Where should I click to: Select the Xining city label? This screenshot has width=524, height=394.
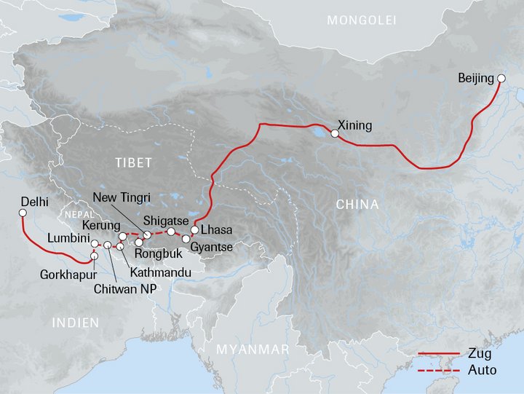pos(356,126)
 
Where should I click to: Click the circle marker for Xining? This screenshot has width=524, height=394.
pos(335,134)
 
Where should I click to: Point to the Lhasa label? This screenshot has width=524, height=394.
pos(218,230)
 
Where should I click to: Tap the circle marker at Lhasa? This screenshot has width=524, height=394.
pos(195,230)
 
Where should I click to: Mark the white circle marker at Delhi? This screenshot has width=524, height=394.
pos(22,213)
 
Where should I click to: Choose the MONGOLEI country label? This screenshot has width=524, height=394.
pos(362,20)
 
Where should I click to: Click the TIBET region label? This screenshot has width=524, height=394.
pos(132,163)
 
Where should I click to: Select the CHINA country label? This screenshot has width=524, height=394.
pos(357,205)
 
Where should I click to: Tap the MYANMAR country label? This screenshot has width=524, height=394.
pos(253,350)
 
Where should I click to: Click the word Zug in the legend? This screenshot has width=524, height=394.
pos(480,355)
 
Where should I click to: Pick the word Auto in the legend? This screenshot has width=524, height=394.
pos(483,370)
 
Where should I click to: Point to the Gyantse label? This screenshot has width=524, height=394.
pos(211,248)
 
